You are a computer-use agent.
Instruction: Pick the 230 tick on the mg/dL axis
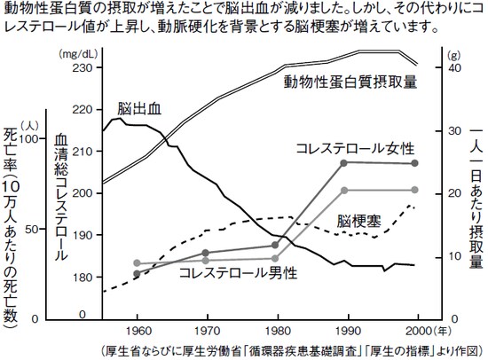coord(81,67)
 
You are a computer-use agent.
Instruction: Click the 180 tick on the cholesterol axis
coord(81,278)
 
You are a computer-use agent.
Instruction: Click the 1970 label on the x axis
coord(206,329)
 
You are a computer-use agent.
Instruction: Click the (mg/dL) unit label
coord(79,53)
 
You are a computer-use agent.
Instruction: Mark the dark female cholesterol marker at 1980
coord(276,245)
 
